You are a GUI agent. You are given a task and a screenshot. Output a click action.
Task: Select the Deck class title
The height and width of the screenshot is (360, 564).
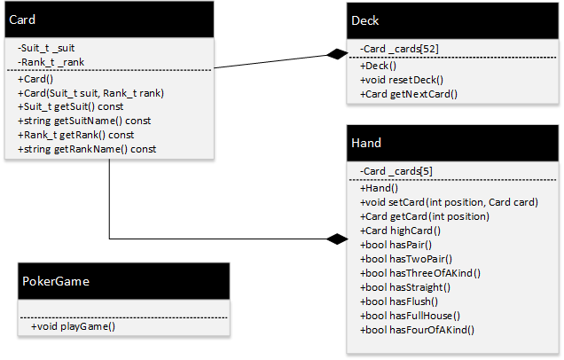(365, 20)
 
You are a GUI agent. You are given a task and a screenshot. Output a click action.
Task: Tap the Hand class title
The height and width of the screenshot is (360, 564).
(368, 142)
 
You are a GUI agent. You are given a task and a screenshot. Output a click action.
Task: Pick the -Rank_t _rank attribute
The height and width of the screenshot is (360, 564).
(49, 62)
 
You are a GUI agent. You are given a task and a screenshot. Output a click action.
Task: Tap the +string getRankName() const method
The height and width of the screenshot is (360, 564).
(86, 149)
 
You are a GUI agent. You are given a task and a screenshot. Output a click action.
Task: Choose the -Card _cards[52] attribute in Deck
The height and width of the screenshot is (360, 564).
(396, 50)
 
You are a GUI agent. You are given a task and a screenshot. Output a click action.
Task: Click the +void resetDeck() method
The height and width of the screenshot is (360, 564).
(402, 78)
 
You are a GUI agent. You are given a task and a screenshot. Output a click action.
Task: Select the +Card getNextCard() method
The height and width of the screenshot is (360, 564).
(408, 92)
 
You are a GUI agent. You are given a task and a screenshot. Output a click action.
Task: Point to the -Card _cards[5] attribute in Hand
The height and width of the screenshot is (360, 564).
(396, 171)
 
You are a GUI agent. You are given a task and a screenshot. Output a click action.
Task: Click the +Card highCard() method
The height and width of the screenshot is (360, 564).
(402, 231)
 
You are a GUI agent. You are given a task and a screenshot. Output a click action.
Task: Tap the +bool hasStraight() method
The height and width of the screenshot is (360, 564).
(405, 287)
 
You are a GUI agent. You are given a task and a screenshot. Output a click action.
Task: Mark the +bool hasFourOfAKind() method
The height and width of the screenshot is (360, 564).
(417, 330)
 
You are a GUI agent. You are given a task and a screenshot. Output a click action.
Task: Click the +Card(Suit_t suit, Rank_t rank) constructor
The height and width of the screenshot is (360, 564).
(91, 92)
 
